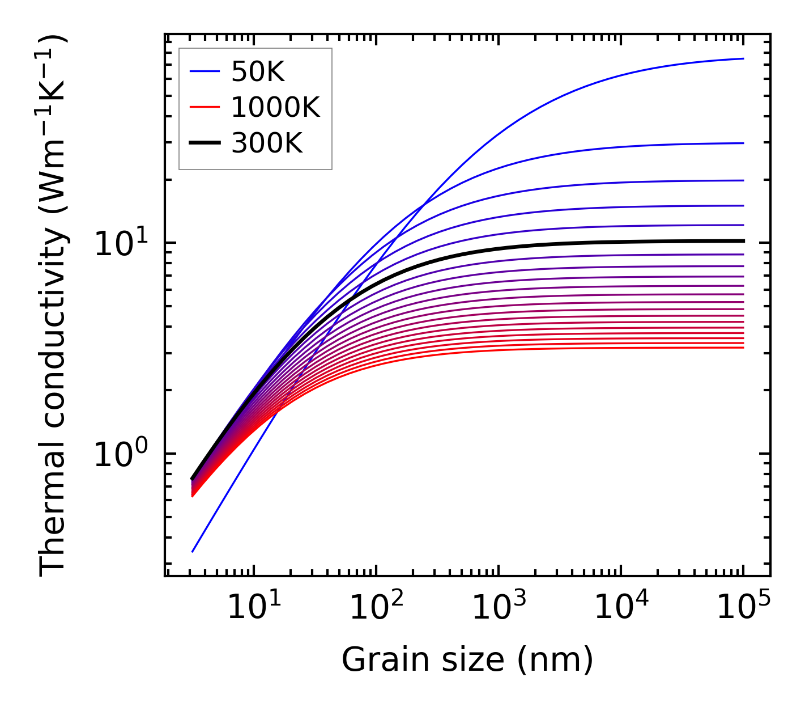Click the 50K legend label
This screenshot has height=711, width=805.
258,71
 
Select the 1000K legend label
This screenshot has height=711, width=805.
275,107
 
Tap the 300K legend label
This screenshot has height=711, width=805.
267,143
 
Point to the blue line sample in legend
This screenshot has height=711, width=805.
204,71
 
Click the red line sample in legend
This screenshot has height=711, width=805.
204,107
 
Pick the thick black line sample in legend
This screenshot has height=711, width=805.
204,143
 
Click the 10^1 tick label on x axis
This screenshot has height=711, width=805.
253,608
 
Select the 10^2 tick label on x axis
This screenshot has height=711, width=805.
376,608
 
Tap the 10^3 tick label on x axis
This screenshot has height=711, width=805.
499,608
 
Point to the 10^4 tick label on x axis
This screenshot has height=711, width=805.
621,608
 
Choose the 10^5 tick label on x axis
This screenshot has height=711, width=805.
743,608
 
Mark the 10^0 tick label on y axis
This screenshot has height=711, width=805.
120,455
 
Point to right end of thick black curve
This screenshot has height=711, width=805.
743,241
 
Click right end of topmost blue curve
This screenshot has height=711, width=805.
743,58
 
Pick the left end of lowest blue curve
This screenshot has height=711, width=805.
193,552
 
